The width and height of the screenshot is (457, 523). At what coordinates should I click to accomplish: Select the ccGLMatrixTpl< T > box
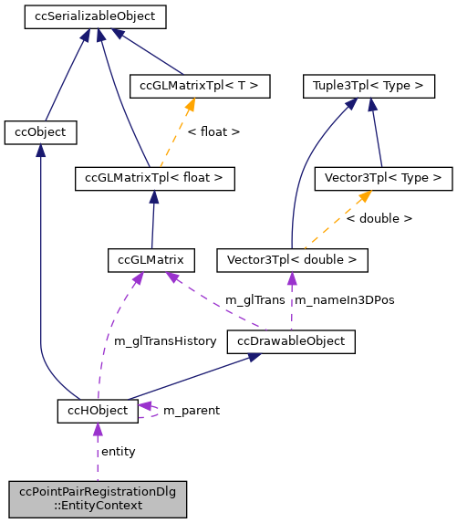[199, 87]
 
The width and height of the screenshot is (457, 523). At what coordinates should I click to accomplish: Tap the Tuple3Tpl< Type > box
[368, 87]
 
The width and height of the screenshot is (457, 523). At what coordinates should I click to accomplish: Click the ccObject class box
[40, 132]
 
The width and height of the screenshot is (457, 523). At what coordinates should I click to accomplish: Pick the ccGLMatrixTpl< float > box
[154, 178]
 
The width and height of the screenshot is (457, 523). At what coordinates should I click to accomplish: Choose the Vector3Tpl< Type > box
[381, 178]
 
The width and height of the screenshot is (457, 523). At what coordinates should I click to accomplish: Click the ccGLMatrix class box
[151, 260]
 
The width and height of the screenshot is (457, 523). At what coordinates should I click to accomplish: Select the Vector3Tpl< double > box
[291, 260]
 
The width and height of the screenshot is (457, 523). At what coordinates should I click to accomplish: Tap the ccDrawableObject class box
[291, 341]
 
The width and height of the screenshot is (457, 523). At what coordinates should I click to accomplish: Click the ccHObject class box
[98, 411]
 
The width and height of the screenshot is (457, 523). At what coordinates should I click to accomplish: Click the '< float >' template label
[213, 132]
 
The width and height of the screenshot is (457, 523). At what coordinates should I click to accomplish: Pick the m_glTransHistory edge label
[164, 341]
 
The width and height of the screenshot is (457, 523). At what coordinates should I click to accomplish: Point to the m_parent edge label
[191, 411]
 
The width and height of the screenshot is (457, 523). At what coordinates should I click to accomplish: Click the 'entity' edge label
[118, 452]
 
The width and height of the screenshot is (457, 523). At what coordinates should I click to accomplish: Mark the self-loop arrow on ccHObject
[150, 411]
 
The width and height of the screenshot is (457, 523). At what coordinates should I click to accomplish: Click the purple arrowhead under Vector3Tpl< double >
[291, 277]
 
